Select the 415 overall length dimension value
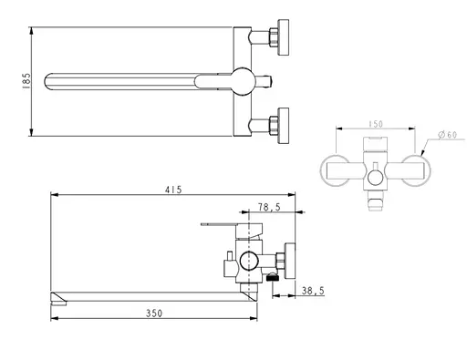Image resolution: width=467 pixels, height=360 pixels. [174, 190]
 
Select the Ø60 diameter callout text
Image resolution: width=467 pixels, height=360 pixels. [447, 136]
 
